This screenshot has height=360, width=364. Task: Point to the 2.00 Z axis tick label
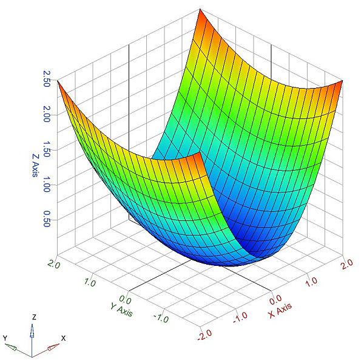coord(42,117)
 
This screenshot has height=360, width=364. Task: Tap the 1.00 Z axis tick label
coord(42,187)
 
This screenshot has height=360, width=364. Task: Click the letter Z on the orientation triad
coord(35,318)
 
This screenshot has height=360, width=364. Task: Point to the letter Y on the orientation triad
coord(5,338)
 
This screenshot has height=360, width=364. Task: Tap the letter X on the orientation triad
coord(63,338)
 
